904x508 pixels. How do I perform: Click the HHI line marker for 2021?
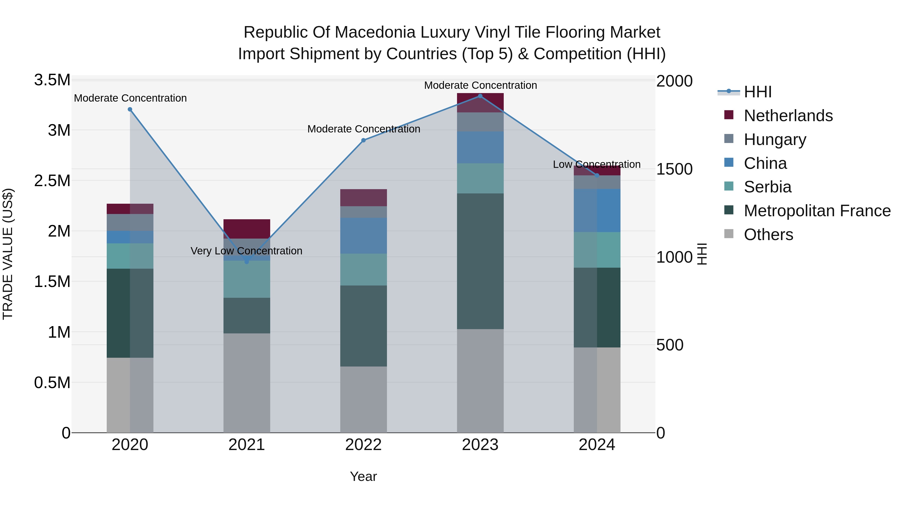pyautogui.click(x=247, y=262)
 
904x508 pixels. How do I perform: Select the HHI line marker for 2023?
pyautogui.click(x=480, y=96)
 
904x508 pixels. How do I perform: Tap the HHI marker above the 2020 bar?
pyautogui.click(x=130, y=109)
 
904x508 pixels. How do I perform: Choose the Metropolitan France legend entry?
pyautogui.click(x=817, y=211)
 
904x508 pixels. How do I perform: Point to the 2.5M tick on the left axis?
pyautogui.click(x=52, y=181)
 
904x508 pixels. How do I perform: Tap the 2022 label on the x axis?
pyautogui.click(x=363, y=445)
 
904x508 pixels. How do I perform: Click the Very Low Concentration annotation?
pyautogui.click(x=246, y=251)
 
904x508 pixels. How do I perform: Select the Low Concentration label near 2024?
pyautogui.click(x=597, y=164)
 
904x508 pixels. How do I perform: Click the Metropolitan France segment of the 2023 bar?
pyautogui.click(x=480, y=261)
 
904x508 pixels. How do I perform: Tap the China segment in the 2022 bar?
pyautogui.click(x=363, y=236)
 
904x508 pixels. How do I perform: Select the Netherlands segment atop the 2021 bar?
pyautogui.click(x=247, y=229)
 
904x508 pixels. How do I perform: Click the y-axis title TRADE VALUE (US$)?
pyautogui.click(x=8, y=254)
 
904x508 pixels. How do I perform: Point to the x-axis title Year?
pyautogui.click(x=363, y=476)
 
